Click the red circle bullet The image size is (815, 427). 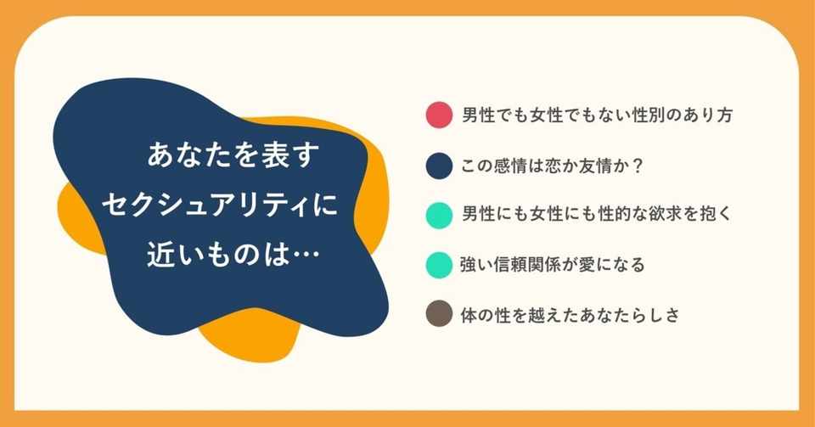pos(439,115)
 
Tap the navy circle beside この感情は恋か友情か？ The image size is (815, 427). pos(439,166)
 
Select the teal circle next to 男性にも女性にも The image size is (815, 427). pos(439,215)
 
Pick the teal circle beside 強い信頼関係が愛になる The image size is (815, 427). pos(439,265)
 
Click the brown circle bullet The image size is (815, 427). pos(439,314)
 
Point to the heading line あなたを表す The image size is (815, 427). pos(233,155)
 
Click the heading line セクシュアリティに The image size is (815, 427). pos(219,205)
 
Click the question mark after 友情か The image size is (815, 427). pos(638,166)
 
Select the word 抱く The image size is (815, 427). pos(717,215)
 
